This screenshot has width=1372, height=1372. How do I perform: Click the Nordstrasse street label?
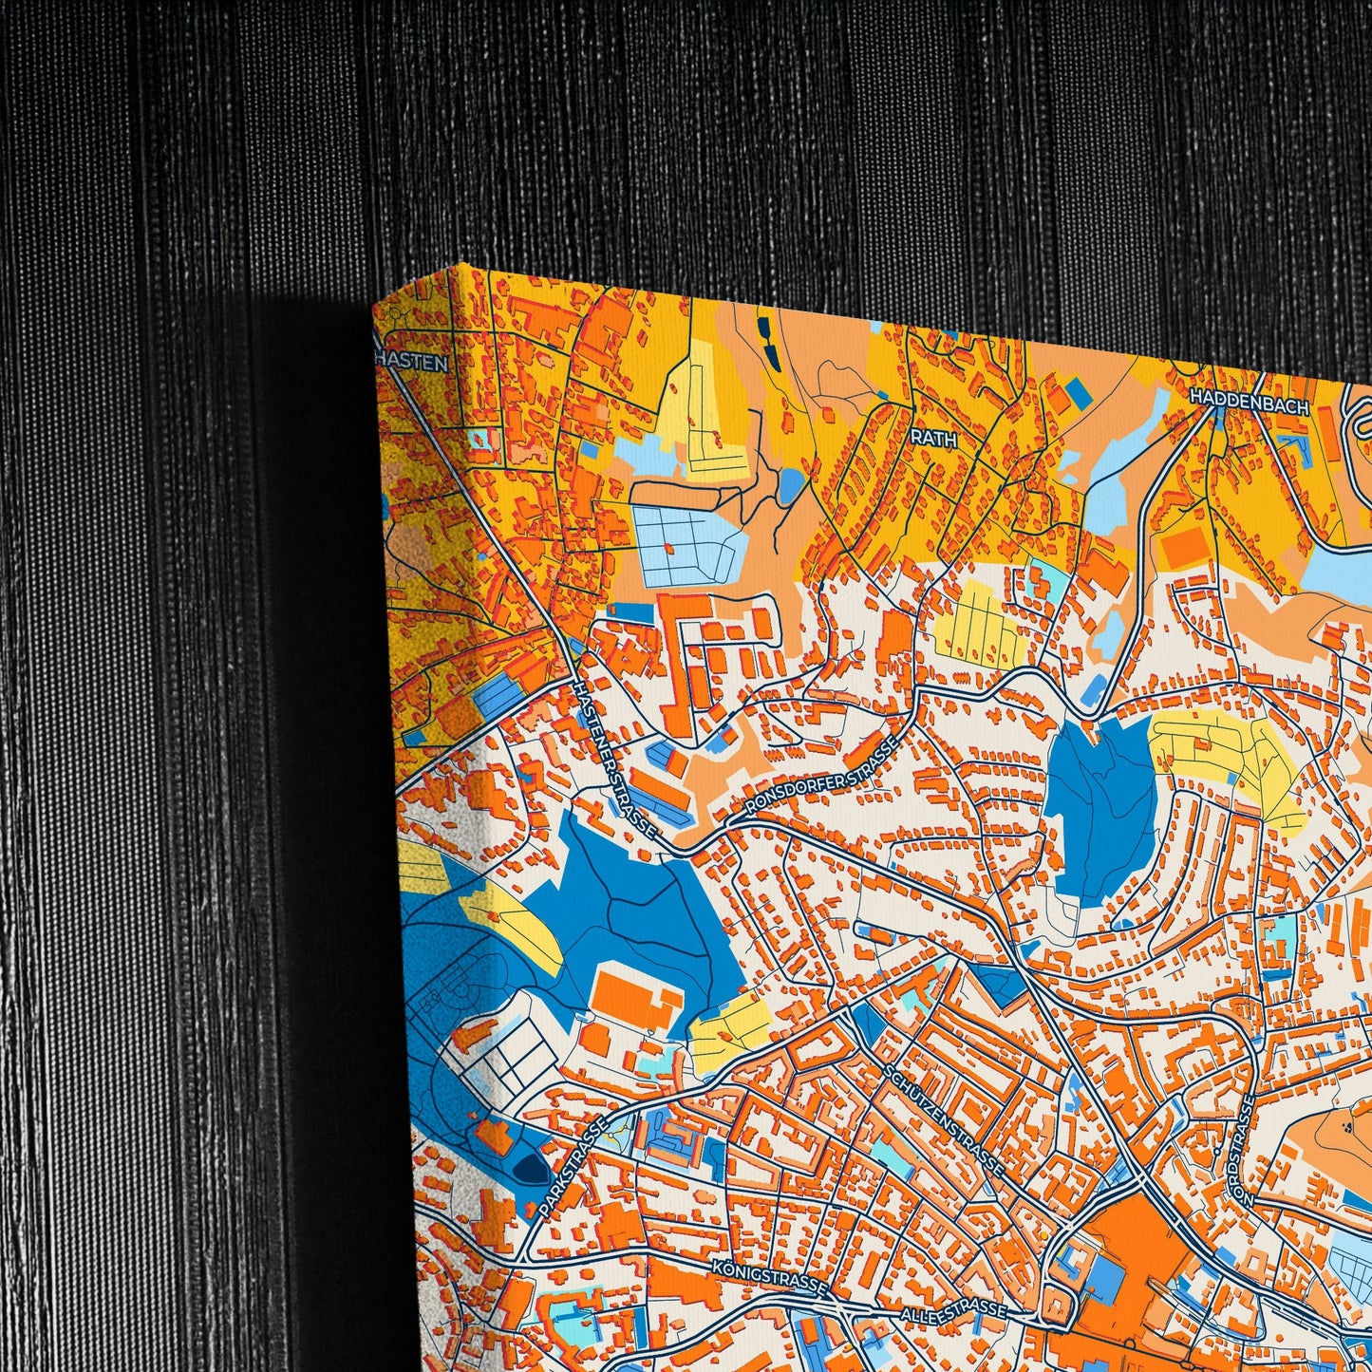[x=1243, y=1149]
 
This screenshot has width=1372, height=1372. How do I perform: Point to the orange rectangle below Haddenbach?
[x=1183, y=547]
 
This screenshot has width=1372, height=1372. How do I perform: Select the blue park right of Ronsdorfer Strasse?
[x=1101, y=807]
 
